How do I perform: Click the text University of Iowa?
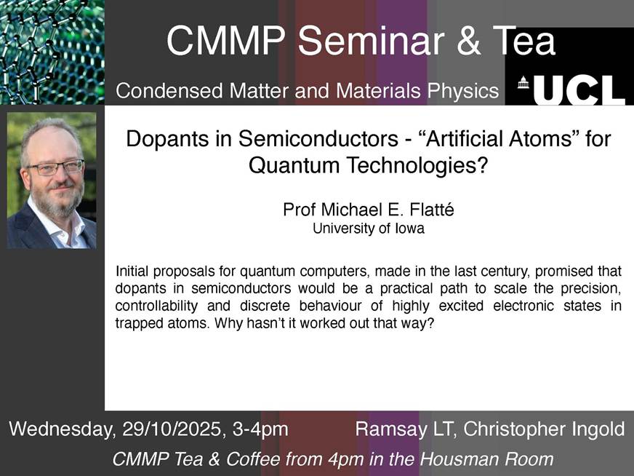(x=368, y=229)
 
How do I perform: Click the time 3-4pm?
(x=259, y=429)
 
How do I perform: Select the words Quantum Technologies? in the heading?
(x=367, y=165)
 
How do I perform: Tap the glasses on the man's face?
(x=54, y=167)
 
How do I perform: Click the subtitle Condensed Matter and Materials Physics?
(x=308, y=91)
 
